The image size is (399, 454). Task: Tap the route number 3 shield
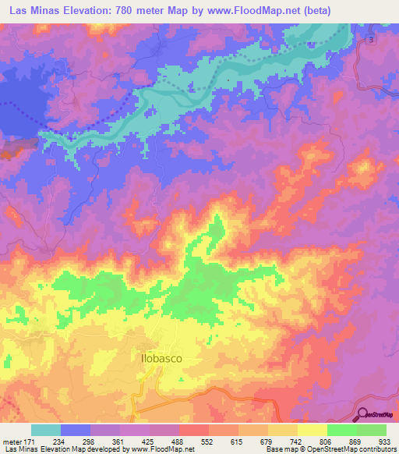pyautogui.click(x=372, y=39)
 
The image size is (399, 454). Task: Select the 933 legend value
pyautogui.click(x=385, y=442)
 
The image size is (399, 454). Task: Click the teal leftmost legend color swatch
pyautogui.click(x=46, y=430)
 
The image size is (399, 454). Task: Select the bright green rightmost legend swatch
pyautogui.click(x=372, y=430)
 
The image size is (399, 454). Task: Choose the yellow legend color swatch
pyautogui.click(x=312, y=430)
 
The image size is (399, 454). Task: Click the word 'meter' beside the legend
pyautogui.click(x=10, y=442)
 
